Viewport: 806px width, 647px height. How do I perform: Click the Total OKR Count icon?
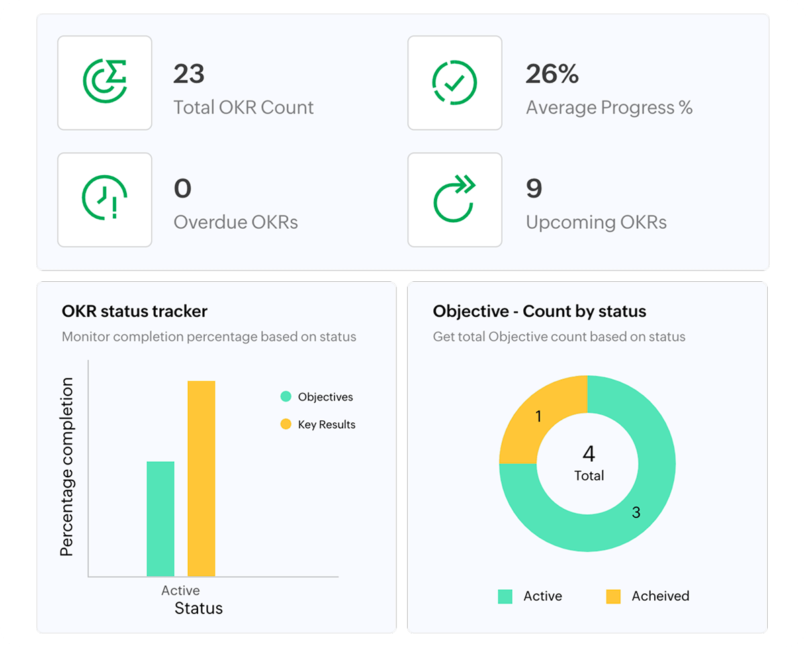(105, 83)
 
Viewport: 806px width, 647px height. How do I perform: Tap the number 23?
(189, 74)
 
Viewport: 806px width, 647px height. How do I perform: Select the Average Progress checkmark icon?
(455, 83)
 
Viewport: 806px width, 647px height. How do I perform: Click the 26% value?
(552, 74)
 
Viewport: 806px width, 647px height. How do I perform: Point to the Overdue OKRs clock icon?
(105, 199)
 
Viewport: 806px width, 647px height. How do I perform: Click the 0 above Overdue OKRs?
(183, 189)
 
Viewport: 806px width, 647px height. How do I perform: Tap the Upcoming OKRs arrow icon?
(455, 199)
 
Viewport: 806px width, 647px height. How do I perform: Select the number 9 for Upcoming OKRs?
(534, 189)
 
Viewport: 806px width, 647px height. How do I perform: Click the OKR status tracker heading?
(134, 311)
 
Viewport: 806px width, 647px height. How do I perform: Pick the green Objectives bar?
(161, 518)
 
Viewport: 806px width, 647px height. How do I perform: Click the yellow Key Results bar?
(201, 478)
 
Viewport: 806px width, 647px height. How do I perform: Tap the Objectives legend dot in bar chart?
(285, 397)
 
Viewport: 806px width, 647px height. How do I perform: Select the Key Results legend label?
(326, 425)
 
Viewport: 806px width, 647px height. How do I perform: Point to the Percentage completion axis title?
(66, 466)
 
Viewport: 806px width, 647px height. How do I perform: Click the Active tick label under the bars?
(180, 591)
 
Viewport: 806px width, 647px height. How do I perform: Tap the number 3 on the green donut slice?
(636, 513)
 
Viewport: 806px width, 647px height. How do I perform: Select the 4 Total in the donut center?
(588, 463)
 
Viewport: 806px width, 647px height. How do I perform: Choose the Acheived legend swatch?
(613, 596)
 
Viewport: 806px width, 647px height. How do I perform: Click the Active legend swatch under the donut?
(505, 596)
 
